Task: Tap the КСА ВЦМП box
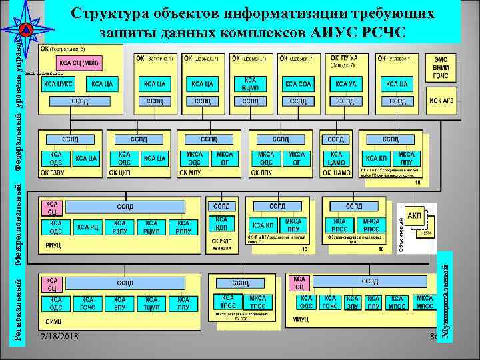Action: [x=250, y=83]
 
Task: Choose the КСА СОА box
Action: [x=297, y=84]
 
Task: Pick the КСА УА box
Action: [x=345, y=84]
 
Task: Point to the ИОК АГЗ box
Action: [x=441, y=101]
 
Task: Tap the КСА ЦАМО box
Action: [x=336, y=158]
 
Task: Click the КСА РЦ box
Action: [x=88, y=227]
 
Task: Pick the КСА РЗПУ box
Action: [x=120, y=227]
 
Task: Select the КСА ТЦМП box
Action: [x=151, y=304]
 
